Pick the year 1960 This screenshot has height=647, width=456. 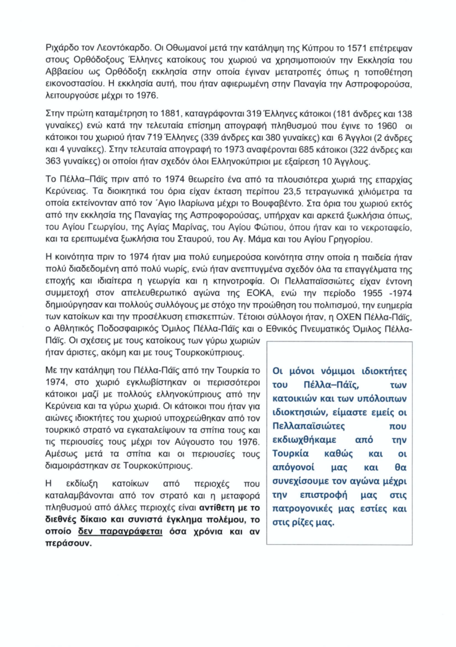pyautogui.click(x=377, y=126)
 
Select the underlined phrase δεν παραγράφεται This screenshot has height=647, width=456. pyautogui.click(x=123, y=531)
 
